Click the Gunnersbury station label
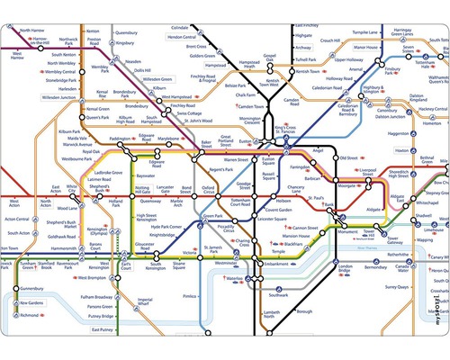tap(31, 290)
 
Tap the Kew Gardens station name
tap(32, 303)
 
